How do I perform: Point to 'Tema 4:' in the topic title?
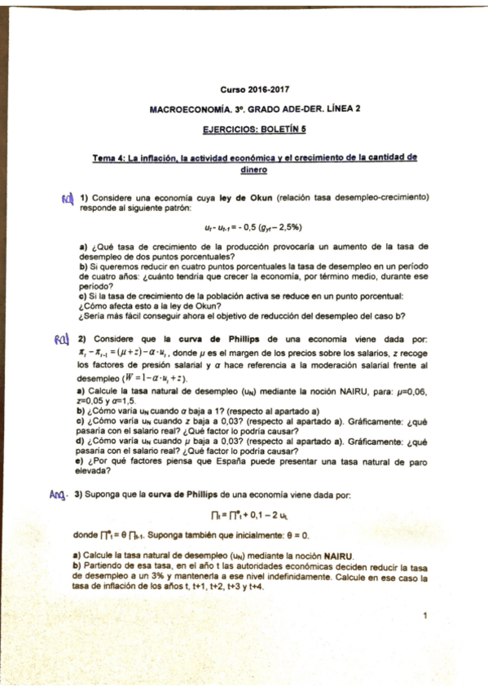[110, 159]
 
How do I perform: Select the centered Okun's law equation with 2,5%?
[254, 227]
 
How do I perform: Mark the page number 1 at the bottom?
[425, 616]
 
